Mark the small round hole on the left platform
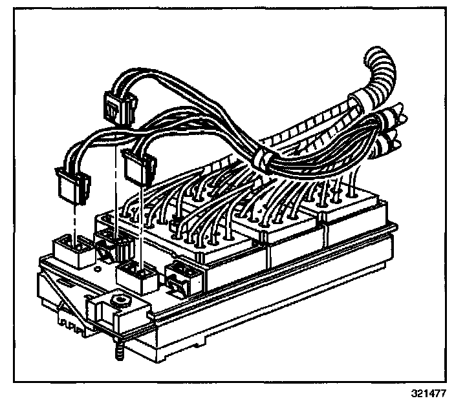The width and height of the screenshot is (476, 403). (97, 265)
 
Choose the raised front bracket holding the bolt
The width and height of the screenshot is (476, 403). (120, 307)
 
